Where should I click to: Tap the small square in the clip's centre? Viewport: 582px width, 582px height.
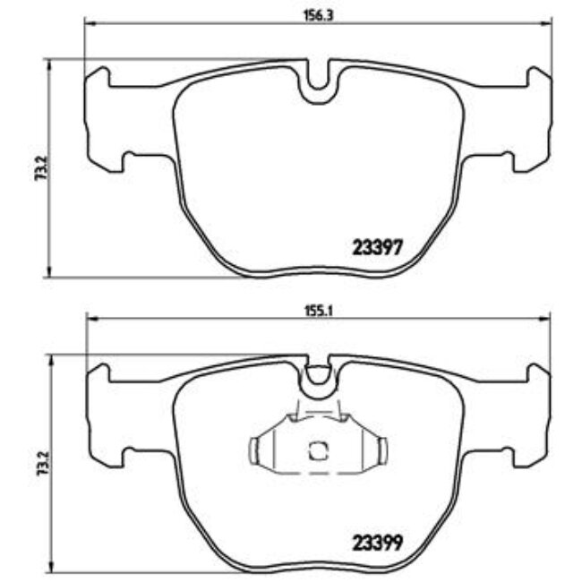[x=317, y=451]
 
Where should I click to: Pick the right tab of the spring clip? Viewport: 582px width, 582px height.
[x=381, y=451]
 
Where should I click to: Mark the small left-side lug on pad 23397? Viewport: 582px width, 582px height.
[x=127, y=162]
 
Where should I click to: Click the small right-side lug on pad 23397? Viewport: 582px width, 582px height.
[x=509, y=162]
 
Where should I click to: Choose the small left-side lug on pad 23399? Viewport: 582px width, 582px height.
[x=127, y=459]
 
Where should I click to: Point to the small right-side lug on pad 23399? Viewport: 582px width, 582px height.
[x=509, y=459]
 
